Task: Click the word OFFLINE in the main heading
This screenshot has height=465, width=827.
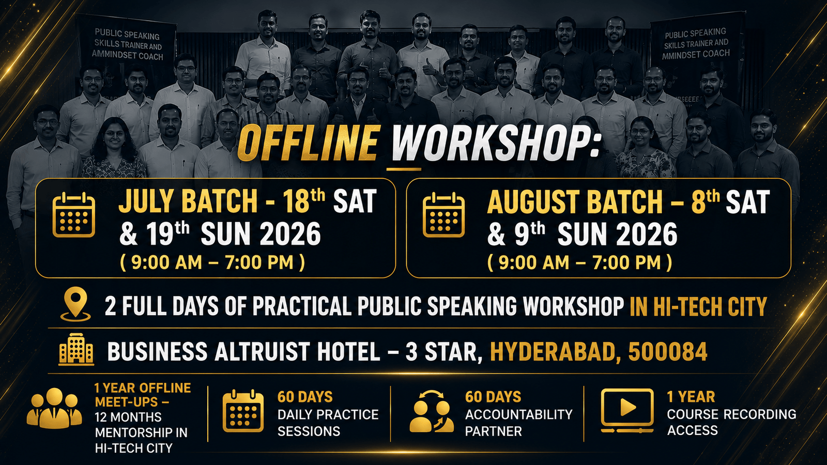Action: [x=308, y=143]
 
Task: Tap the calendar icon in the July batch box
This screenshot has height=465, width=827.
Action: [x=74, y=214]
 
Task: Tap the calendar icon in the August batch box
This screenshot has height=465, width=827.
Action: [x=443, y=214]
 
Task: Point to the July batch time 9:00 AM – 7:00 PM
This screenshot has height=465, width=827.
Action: [x=212, y=263]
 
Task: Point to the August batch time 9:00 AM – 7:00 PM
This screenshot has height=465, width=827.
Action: [x=579, y=263]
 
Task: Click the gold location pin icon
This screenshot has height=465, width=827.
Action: [x=75, y=304]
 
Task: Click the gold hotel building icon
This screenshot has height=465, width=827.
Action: [x=76, y=349]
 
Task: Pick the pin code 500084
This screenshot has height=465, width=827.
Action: [x=667, y=351]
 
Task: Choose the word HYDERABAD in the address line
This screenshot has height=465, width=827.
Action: [x=556, y=352]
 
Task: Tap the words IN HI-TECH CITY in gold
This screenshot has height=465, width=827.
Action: [x=698, y=307]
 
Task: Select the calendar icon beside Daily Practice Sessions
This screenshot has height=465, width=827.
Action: [x=243, y=410]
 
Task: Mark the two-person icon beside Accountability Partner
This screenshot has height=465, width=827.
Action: [x=432, y=411]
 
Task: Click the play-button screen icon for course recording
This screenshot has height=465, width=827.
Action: [x=627, y=410]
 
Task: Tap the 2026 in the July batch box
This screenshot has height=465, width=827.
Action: [x=290, y=234]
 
